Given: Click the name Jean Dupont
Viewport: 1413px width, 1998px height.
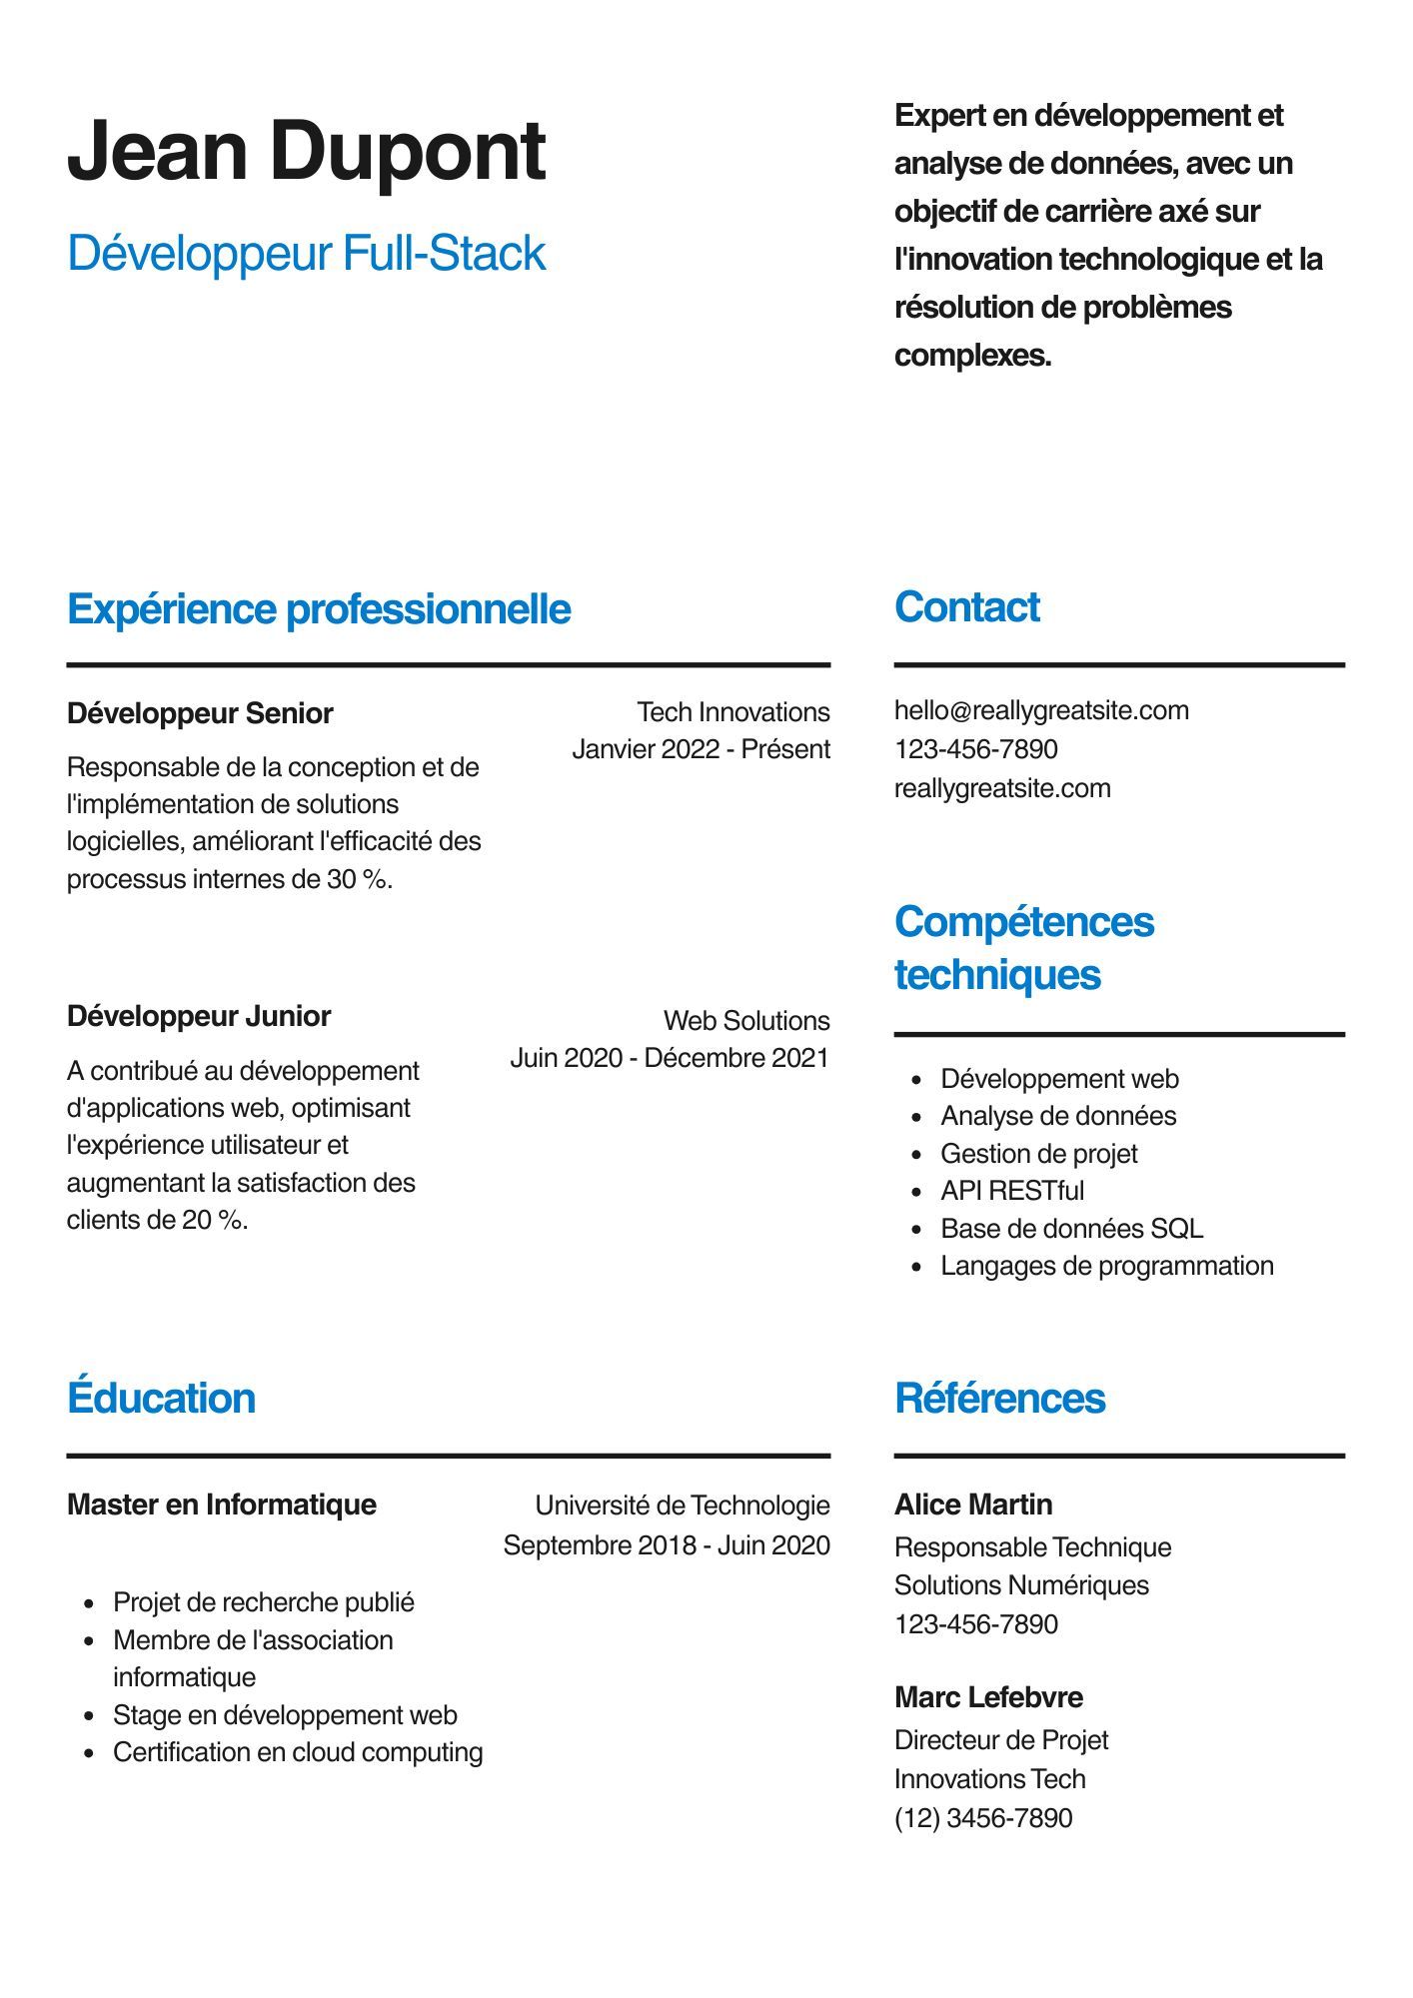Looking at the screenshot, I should point(306,151).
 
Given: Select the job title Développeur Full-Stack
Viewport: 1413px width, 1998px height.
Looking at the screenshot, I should point(306,253).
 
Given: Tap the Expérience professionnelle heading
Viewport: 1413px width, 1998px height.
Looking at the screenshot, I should point(318,609).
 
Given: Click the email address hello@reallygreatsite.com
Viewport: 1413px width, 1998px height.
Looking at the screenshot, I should point(1041,710).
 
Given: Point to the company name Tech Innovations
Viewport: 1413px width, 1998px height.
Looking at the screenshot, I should point(732,712).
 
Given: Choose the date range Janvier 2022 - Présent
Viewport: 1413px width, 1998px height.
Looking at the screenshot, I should point(701,749).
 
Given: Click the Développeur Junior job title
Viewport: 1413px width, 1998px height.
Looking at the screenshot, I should point(198,1016).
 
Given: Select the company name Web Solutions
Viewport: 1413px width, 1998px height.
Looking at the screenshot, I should point(745,1021).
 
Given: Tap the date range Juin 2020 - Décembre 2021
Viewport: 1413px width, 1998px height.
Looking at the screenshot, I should point(669,1058).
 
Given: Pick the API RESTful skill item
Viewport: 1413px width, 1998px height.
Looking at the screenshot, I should point(1011,1191).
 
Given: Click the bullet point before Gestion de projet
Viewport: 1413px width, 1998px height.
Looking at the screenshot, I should point(916,1155).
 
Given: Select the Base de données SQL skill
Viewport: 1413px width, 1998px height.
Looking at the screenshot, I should point(1071,1229).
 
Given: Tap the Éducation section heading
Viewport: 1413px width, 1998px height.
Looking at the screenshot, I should point(161,1398).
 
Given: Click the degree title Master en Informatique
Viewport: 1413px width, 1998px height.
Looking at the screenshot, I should point(221,1504).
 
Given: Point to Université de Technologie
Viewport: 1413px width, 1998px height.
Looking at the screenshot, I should point(682,1505).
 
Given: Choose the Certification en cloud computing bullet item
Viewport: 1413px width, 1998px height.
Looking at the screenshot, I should point(297,1752).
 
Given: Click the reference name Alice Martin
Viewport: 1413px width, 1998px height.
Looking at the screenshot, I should point(972,1504).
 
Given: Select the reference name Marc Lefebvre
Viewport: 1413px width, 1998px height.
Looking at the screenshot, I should point(987,1697).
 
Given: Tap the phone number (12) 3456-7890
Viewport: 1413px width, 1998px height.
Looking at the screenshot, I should point(982,1817).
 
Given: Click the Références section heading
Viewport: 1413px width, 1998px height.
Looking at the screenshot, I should point(999,1399).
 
